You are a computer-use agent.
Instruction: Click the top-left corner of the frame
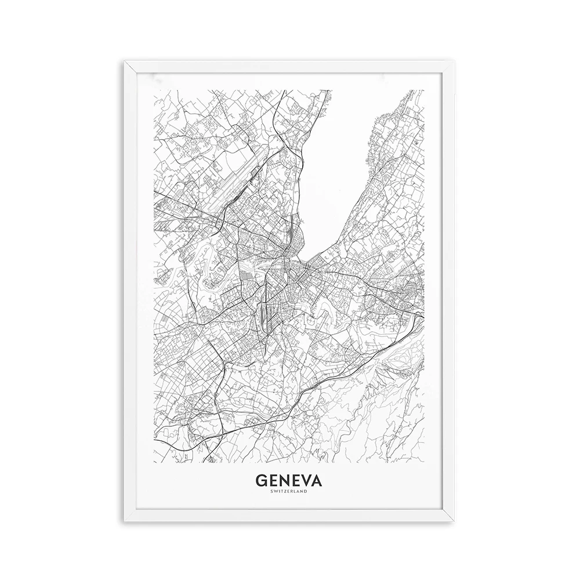pos(125,60)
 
